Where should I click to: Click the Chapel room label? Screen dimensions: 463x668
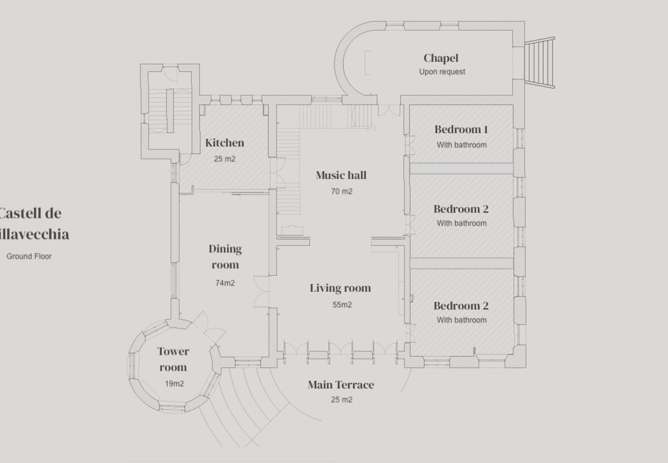pos(440,58)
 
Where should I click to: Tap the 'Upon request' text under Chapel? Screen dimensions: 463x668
pos(442,72)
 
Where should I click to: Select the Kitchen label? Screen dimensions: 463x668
pos(225,143)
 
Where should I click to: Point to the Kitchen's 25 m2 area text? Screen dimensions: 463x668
pos(225,159)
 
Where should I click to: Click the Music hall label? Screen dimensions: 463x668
pos(341,175)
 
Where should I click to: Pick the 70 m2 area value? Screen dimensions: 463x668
pos(342,191)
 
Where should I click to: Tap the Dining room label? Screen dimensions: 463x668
pos(225,257)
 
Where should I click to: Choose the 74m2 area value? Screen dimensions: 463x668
pos(225,283)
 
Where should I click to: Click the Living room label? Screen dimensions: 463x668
pos(340,288)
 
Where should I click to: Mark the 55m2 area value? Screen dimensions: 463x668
pos(342,305)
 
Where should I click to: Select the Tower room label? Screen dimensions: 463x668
pos(173,359)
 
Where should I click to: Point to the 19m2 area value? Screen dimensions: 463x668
pos(174,384)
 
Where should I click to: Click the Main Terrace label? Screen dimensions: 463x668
pos(341,385)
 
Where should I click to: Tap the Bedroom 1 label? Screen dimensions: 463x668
pos(461,130)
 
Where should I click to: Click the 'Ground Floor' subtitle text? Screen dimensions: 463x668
pos(29,256)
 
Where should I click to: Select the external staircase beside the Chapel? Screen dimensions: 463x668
pos(539,63)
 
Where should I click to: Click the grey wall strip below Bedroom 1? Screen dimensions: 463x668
pos(461,169)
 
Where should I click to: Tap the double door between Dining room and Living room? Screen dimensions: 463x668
pos(262,292)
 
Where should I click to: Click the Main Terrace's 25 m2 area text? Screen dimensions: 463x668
pos(342,400)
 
